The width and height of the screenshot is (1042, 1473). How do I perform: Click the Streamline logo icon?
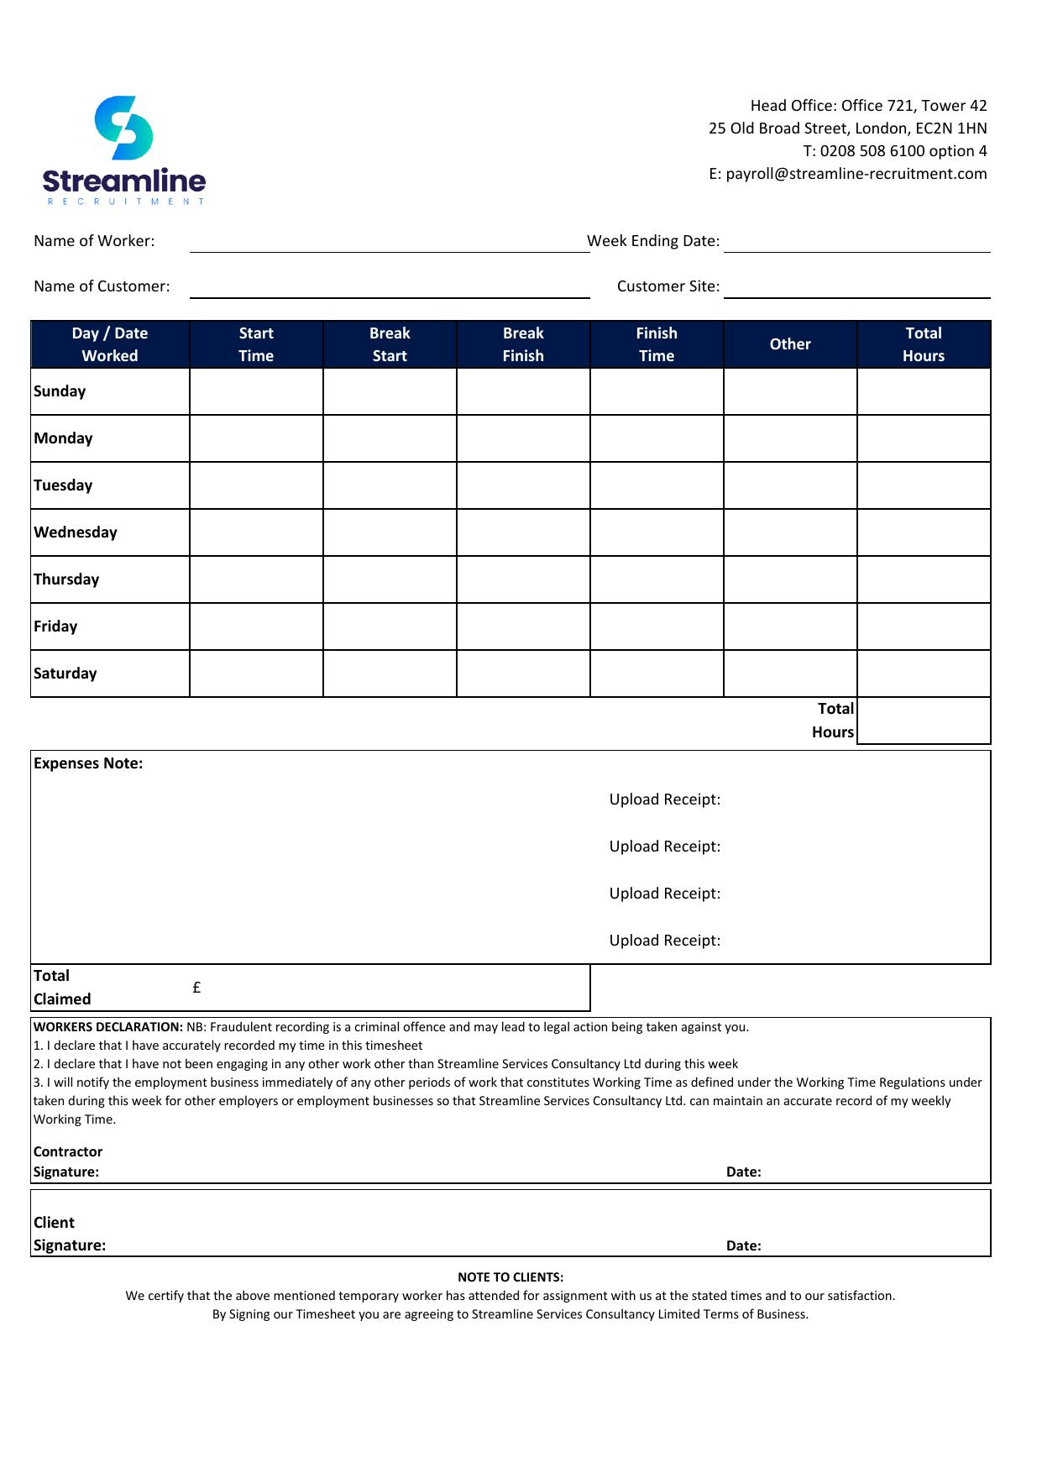click(123, 128)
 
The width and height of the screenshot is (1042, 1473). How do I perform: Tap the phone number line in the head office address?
click(894, 151)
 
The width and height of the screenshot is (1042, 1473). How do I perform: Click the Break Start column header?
click(390, 344)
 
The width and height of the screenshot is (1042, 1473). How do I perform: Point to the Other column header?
click(790, 344)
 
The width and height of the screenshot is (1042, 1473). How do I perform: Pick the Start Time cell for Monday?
click(256, 438)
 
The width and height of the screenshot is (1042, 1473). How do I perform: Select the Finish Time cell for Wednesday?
click(657, 532)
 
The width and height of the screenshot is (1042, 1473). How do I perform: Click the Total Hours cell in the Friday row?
click(924, 626)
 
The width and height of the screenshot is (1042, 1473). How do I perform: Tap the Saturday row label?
click(65, 674)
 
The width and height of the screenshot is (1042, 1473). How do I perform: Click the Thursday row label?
click(66, 579)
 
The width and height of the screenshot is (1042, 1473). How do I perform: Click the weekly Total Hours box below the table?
click(924, 721)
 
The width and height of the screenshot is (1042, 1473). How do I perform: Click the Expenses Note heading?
click(88, 763)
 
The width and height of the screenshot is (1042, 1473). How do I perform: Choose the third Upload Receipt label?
click(665, 894)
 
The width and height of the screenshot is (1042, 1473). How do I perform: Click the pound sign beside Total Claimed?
click(196, 988)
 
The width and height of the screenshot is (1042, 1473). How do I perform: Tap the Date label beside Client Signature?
click(743, 1245)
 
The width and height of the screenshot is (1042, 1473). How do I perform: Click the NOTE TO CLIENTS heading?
click(511, 1277)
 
